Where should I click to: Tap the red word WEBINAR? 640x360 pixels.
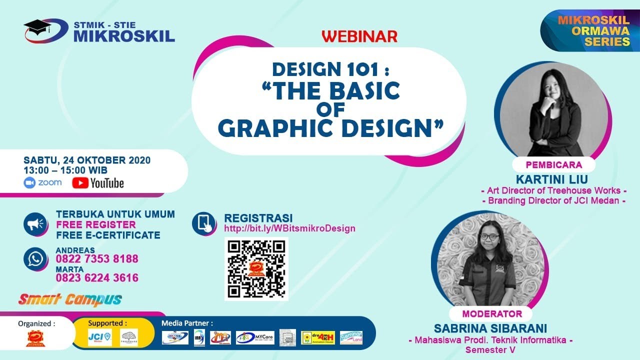pyautogui.click(x=359, y=36)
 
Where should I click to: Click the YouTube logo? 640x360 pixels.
pyautogui.click(x=98, y=183)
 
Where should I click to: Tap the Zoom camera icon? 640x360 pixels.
pyautogui.click(x=30, y=182)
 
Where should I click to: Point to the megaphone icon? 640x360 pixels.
pyautogui.click(x=35, y=224)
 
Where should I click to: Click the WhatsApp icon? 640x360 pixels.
pyautogui.click(x=35, y=259)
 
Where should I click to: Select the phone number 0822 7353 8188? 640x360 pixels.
pyautogui.click(x=97, y=259)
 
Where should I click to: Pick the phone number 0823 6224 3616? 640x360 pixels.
pyautogui.click(x=97, y=278)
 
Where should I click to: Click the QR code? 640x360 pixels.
pyautogui.click(x=256, y=268)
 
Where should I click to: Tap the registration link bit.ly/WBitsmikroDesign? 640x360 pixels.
pyautogui.click(x=289, y=228)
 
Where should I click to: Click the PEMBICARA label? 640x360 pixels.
pyautogui.click(x=553, y=165)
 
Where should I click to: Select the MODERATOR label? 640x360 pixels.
pyautogui.click(x=492, y=314)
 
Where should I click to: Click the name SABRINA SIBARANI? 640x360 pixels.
pyautogui.click(x=490, y=328)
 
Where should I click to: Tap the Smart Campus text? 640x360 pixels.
pyautogui.click(x=70, y=300)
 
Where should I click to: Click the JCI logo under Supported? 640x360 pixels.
pyautogui.click(x=99, y=337)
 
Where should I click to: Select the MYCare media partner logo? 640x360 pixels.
pyautogui.click(x=255, y=337)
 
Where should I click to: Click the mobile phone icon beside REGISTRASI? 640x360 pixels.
pyautogui.click(x=204, y=223)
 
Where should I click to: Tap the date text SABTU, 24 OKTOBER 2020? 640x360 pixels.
pyautogui.click(x=87, y=160)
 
